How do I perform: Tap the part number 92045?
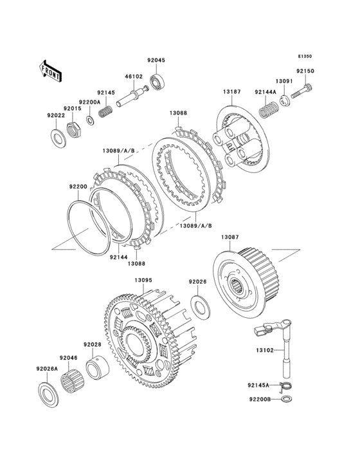[156, 60]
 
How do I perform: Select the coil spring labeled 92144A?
[267, 109]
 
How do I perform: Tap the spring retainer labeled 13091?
[285, 100]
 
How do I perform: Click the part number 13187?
[231, 92]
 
